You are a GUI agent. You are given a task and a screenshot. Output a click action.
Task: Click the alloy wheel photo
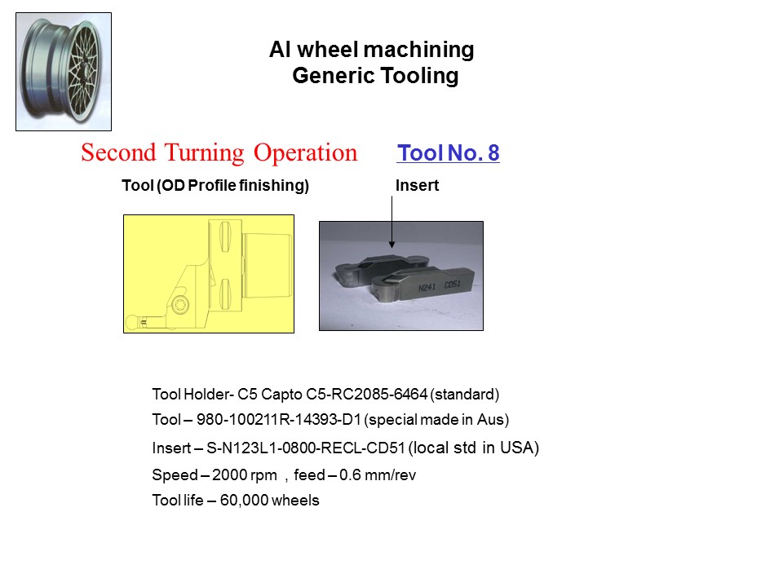pos(64,72)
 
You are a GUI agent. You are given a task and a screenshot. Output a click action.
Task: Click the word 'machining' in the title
pos(418,50)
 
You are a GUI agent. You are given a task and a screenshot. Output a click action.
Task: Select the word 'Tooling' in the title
pos(419,76)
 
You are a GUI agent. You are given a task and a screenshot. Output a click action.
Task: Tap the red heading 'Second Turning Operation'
pos(219,152)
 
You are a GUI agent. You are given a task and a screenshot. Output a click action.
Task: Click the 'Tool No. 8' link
pos(448,152)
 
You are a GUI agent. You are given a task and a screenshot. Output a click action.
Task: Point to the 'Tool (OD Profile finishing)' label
pos(215,185)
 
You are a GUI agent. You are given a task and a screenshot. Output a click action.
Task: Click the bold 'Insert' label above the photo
pos(417,185)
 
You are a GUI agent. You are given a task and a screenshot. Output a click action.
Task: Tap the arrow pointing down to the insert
pos(392,222)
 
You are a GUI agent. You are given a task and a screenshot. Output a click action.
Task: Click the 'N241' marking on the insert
pos(427,288)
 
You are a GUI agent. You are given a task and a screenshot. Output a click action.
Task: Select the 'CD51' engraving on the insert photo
pos(452,285)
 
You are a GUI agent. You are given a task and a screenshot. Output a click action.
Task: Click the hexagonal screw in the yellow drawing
pos(179,303)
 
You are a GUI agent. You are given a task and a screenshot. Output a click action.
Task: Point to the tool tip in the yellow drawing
pos(130,322)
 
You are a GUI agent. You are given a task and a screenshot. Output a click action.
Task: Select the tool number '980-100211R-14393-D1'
pos(279,419)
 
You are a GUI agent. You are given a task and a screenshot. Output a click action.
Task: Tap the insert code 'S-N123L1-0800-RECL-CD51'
pos(306,448)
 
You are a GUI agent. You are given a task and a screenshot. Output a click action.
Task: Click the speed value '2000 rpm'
pos(244,474)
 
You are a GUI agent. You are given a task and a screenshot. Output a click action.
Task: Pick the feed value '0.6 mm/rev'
pos(378,474)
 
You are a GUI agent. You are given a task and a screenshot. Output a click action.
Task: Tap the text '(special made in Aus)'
pos(436,420)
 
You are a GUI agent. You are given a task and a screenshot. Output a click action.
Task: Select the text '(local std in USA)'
pos(474,448)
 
